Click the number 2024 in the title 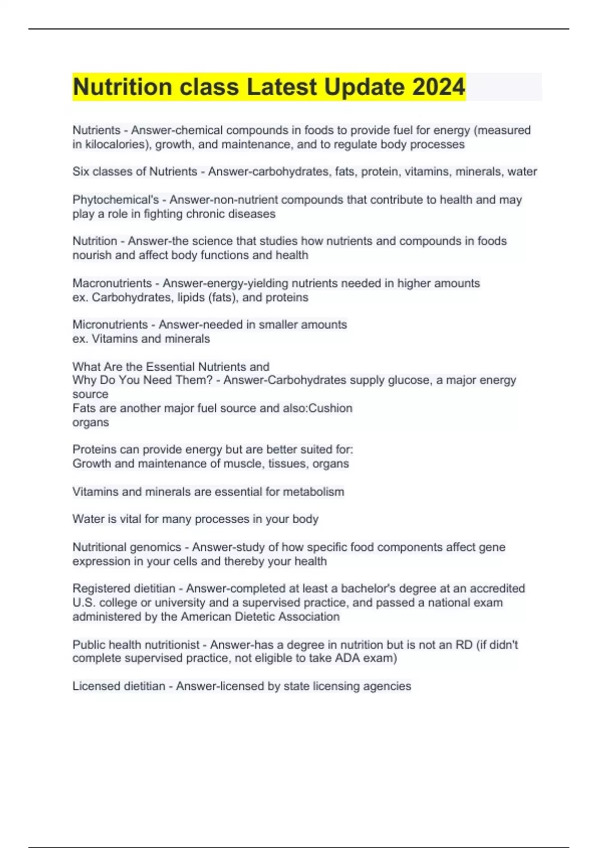click(x=439, y=87)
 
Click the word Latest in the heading click(x=282, y=87)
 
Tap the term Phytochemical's click(x=116, y=200)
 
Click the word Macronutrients click(x=112, y=283)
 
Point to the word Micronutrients click(x=110, y=325)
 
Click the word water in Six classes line click(x=522, y=172)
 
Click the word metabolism click(x=313, y=492)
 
